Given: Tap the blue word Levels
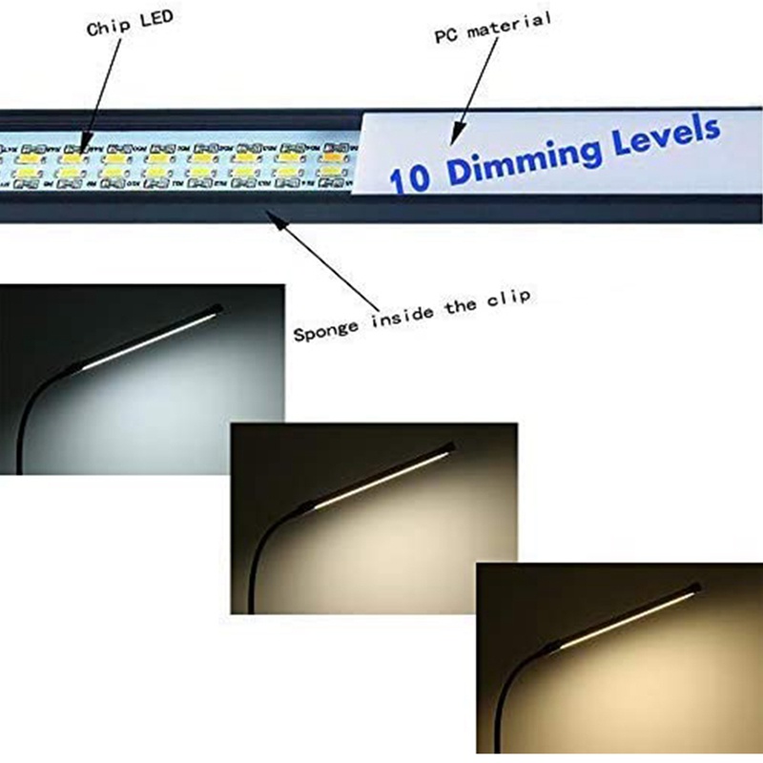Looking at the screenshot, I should (668, 134).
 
